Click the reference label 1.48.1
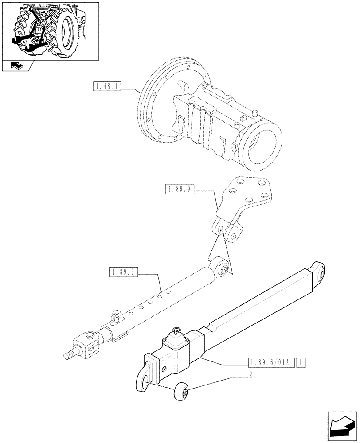pos(106,86)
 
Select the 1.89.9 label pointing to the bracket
pos(180,190)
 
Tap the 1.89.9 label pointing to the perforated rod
pos(123,272)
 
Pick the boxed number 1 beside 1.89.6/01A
pos(302,363)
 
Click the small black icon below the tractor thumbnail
pos(16,66)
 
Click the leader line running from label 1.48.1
pos(131,89)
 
